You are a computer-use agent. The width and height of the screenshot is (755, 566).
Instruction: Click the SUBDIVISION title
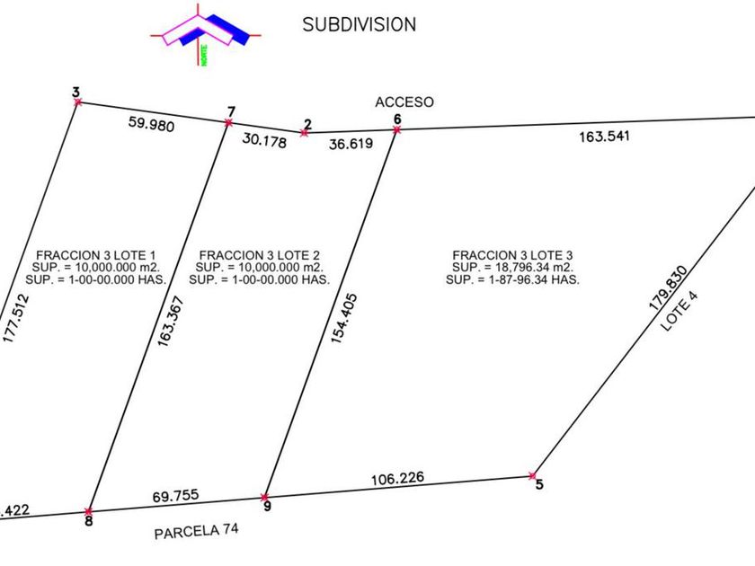(359, 24)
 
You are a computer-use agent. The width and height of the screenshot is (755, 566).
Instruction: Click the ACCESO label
(404, 102)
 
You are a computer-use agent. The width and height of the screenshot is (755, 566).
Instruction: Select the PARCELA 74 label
(196, 531)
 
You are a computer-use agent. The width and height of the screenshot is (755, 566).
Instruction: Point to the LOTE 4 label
(680, 310)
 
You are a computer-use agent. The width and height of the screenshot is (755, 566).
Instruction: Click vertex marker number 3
(77, 102)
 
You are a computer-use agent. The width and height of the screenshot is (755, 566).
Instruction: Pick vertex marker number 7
(230, 122)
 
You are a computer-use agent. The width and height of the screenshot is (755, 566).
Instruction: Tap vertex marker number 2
(304, 133)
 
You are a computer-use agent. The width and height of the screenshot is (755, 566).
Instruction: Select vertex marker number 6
(396, 130)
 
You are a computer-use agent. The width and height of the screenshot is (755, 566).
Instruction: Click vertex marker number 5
(533, 475)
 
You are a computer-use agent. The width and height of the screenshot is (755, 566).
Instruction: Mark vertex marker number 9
(264, 497)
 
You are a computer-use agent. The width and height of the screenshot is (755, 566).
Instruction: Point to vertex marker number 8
(88, 511)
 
